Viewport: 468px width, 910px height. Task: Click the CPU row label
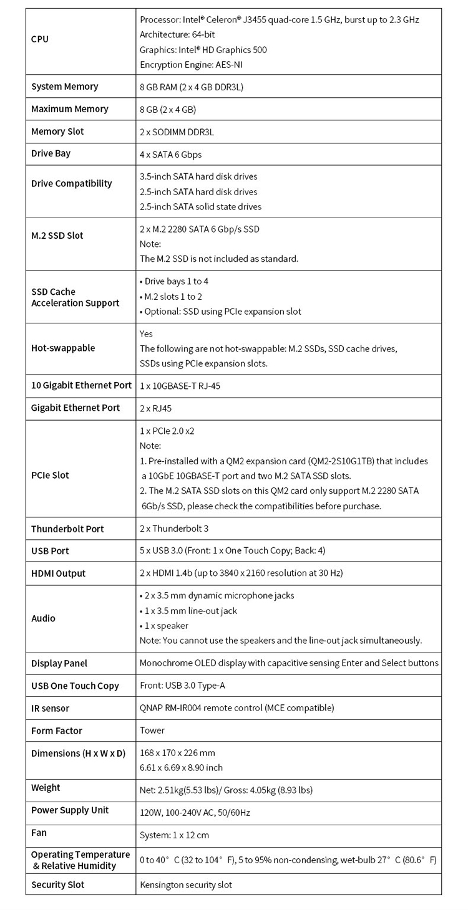tap(40, 39)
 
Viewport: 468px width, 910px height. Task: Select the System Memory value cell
tap(192, 87)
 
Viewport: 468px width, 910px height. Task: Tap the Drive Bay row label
tap(51, 153)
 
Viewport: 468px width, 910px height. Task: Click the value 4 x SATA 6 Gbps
tap(171, 154)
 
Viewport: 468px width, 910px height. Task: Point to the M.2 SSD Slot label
tap(57, 236)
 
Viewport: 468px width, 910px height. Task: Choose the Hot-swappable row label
tap(63, 348)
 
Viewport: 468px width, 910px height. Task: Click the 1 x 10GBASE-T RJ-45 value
tap(180, 386)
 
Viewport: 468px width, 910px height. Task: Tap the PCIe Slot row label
tap(51, 475)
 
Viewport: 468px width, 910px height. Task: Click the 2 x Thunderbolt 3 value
tap(174, 529)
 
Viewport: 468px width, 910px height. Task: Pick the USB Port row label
tap(51, 551)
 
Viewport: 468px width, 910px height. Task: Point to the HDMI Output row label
tap(59, 573)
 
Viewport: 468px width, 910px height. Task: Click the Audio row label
tap(44, 618)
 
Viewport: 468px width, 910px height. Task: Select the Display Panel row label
tap(59, 663)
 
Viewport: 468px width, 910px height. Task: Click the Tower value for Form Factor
tap(152, 730)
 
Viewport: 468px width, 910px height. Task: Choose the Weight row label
tap(46, 788)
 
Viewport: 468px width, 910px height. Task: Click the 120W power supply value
tap(195, 813)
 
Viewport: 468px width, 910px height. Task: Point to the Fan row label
tap(39, 833)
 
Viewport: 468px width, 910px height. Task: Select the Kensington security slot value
tap(186, 884)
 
